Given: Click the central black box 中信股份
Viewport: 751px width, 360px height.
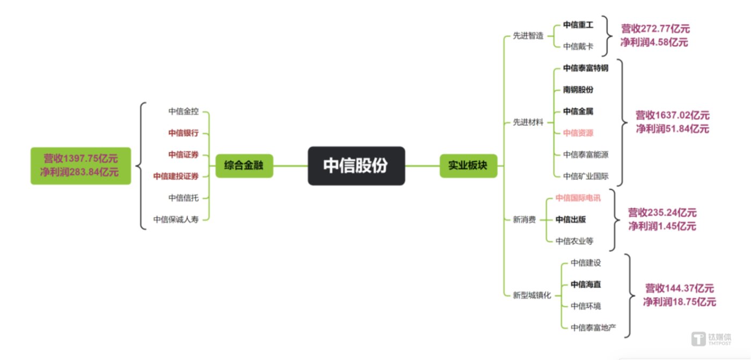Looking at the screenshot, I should pos(356,166).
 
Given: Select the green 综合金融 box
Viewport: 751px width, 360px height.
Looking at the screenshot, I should pos(245,166).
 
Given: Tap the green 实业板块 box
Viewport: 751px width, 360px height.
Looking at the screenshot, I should pos(468,166).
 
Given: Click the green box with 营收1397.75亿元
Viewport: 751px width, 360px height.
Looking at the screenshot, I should pos(81,165).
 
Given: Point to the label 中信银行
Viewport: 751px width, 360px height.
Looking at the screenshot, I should pos(183,133).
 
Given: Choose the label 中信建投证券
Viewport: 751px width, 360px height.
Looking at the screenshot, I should pos(176,176).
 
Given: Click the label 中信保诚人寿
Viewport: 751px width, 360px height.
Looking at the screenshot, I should pos(176,219).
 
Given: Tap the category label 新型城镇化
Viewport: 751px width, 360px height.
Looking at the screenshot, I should pos(531,295).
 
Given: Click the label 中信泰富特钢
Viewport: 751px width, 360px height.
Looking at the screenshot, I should pos(585,68).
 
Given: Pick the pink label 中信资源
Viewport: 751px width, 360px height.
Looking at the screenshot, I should pos(578,133).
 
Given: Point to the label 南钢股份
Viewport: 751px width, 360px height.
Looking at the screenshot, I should pos(578,90).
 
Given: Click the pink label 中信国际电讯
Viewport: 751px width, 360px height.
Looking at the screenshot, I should pos(578,198).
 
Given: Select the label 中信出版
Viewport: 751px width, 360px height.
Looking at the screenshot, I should pos(570,219).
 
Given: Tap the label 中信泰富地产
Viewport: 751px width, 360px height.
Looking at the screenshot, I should pos(593,327).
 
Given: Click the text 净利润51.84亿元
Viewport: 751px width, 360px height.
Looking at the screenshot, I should pos(672,129).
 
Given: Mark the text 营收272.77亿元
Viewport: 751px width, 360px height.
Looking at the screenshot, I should pos(655,29).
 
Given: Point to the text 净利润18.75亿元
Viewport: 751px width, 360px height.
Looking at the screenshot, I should pos(679,302).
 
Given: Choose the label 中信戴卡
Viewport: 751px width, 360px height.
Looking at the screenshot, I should pos(578,47).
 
